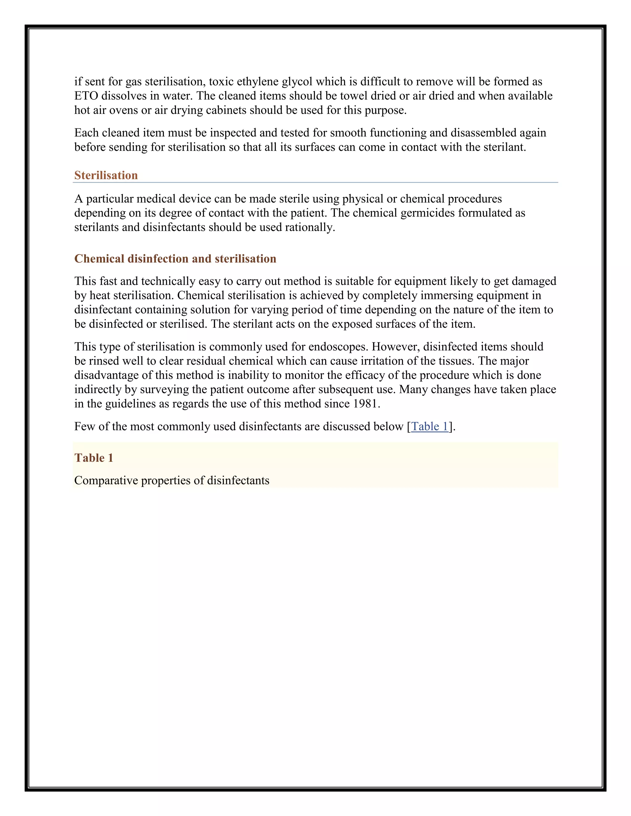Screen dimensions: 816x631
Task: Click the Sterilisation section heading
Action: coord(106,175)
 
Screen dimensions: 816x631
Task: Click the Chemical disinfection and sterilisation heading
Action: coord(175,259)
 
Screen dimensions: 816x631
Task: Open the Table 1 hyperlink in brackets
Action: coord(429,426)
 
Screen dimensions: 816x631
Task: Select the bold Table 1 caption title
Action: coord(93,458)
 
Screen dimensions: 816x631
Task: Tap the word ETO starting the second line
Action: coord(86,96)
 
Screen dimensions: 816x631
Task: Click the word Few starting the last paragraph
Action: coord(84,426)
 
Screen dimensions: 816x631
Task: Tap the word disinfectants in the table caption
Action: coord(238,480)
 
